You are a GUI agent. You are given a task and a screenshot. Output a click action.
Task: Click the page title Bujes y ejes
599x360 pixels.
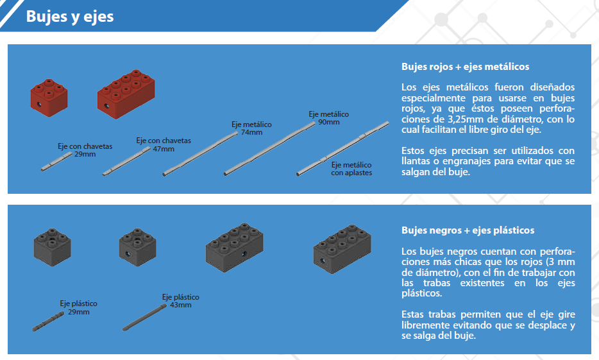tap(70, 16)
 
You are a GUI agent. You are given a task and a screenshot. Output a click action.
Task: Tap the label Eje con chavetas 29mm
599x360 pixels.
tap(85, 150)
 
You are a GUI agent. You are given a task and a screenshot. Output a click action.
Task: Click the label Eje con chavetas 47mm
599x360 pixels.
tap(163, 144)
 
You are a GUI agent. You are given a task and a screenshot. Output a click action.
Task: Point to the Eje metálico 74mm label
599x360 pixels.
tap(251, 128)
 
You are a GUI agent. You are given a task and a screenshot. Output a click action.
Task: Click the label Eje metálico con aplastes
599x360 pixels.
tap(351, 169)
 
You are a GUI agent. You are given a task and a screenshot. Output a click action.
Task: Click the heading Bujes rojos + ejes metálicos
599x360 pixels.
tap(465, 67)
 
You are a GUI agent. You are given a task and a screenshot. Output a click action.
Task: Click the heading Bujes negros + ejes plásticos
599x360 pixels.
tap(468, 230)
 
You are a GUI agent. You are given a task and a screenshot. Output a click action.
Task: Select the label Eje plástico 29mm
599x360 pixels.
tap(78, 307)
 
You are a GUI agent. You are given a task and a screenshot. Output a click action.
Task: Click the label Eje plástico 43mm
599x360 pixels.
tap(180, 301)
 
